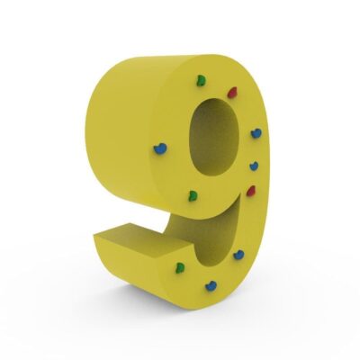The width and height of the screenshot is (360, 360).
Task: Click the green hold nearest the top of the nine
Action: tap(202, 81)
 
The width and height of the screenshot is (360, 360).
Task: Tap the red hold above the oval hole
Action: tap(232, 93)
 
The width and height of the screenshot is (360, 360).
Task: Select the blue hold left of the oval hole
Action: tap(160, 148)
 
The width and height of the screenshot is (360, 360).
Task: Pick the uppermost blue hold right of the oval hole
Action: tap(256, 133)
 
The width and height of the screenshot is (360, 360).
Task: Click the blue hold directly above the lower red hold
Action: tap(254, 166)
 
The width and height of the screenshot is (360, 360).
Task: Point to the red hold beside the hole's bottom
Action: tap(251, 191)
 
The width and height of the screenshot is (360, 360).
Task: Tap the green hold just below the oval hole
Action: tap(193, 196)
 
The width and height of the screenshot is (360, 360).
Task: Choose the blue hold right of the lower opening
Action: tap(238, 255)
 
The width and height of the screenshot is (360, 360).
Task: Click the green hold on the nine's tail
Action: tap(180, 267)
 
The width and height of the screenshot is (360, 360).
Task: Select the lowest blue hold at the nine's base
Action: tap(211, 286)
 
